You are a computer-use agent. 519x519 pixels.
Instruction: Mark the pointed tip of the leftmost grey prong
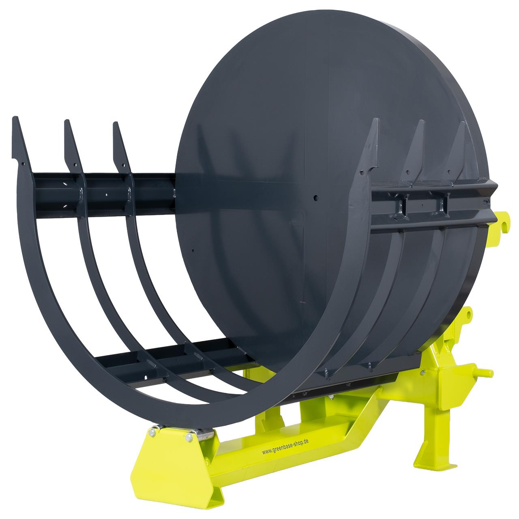tap(15, 118)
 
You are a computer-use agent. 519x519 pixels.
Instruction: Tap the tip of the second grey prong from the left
tap(66, 121)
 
